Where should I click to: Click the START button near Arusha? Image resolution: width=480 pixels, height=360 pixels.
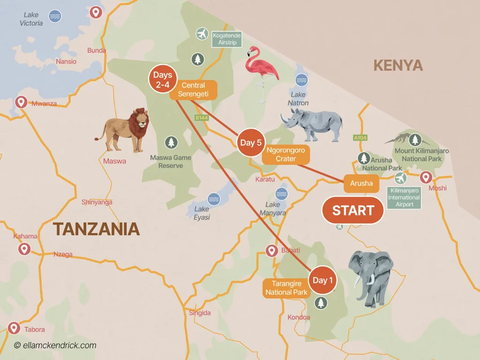(x=353, y=210)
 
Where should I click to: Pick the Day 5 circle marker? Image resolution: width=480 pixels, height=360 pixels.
(x=251, y=142)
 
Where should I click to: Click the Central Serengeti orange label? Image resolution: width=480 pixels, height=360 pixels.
(x=194, y=90)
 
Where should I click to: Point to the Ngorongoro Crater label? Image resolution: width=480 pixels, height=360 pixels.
(x=285, y=155)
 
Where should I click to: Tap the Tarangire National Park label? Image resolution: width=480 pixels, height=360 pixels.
(x=286, y=288)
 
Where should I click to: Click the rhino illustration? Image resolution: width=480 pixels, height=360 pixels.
(x=312, y=124)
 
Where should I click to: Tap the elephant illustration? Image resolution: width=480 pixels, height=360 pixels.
(x=370, y=277)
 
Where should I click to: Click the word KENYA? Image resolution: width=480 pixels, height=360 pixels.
(x=398, y=66)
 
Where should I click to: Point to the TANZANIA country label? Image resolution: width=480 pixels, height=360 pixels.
(x=96, y=229)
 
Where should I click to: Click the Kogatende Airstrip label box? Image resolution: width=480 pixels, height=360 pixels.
(x=227, y=39)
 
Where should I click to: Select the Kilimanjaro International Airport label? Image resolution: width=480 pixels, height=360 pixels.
(x=404, y=197)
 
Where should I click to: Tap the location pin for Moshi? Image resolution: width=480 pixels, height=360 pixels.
(x=426, y=177)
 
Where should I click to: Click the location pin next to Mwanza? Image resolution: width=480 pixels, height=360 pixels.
(x=21, y=102)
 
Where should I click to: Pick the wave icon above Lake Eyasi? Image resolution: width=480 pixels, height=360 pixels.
(x=214, y=199)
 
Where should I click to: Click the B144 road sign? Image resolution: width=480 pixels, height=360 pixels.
(x=202, y=118)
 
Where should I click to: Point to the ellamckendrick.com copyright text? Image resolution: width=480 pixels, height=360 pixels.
(x=55, y=345)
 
